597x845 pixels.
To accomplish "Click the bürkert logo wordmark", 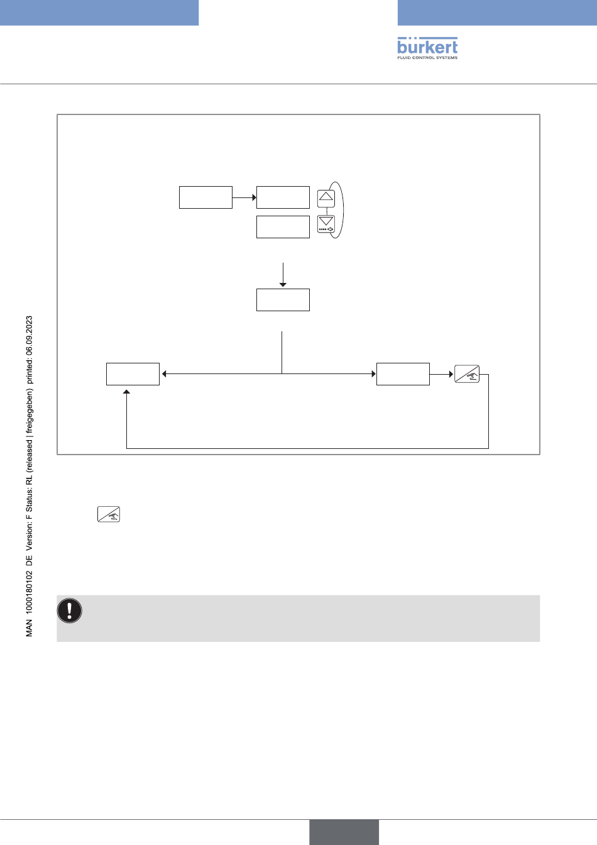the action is coord(427,46).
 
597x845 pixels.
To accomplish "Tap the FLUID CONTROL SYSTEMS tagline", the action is coord(427,58).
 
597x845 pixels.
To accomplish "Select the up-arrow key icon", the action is coord(326,198).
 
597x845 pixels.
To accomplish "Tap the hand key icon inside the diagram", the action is coord(467,374).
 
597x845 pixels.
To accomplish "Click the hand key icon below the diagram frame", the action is coord(109,514).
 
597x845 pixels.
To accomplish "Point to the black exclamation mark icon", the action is coord(70,610).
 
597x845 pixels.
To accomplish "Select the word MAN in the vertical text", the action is coord(30,628).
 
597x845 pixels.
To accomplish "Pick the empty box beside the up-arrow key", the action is coord(283,197).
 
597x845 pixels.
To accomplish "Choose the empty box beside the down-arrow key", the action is coord(283,227).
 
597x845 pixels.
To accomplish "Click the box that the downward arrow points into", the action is coord(283,300).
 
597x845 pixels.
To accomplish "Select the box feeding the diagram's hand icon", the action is coord(403,374).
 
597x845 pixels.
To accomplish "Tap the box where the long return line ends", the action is coord(133,374).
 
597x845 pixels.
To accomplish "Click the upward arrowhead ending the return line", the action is coord(127,393).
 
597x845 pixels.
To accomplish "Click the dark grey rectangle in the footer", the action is coord(344,832).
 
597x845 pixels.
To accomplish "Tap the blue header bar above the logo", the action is coord(497,13).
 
